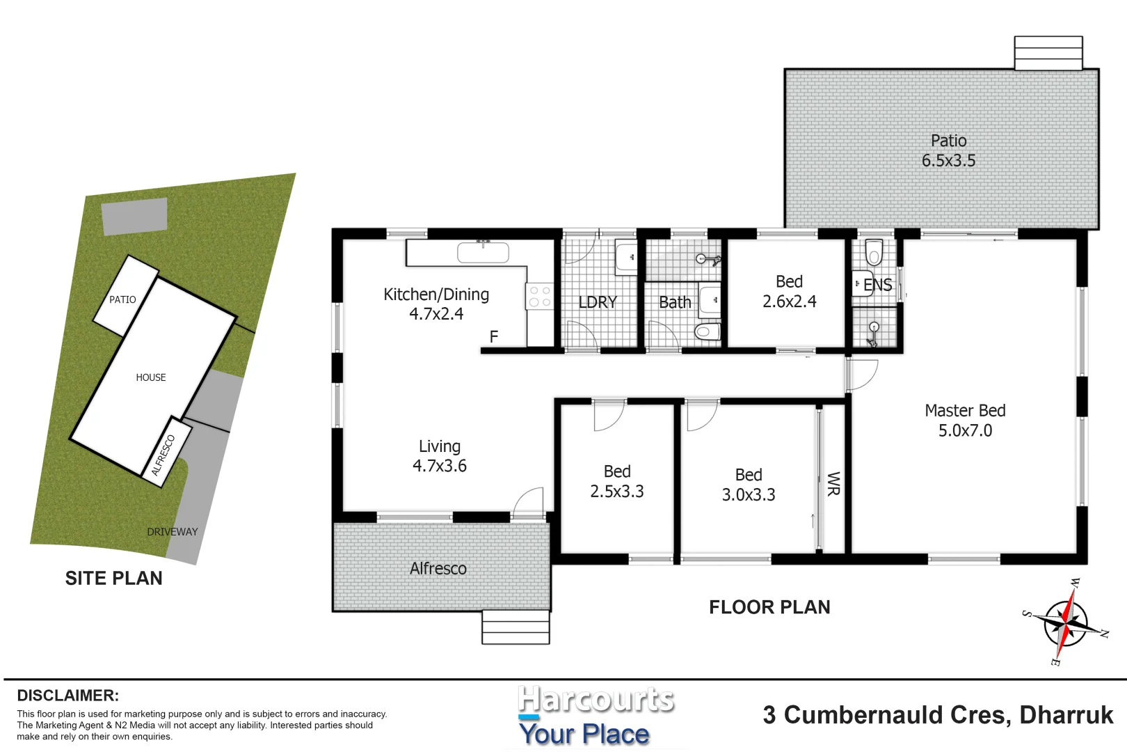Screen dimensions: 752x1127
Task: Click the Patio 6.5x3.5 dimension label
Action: (948, 151)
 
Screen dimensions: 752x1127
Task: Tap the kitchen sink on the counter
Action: (483, 252)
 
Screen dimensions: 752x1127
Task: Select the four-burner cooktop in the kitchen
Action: (539, 297)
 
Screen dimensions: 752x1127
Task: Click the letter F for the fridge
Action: (494, 337)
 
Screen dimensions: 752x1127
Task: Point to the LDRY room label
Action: (598, 302)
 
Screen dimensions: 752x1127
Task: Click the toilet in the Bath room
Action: (707, 331)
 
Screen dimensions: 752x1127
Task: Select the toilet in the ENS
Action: (874, 253)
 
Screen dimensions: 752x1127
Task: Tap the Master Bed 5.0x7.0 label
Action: (965, 421)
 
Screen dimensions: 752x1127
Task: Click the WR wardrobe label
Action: (833, 484)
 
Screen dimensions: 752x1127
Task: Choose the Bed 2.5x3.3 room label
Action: (617, 482)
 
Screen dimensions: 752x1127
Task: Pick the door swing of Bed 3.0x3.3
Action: (701, 416)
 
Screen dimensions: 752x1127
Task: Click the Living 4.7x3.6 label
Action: (440, 456)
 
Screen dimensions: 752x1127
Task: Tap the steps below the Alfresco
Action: (515, 627)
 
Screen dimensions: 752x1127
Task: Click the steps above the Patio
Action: (1048, 53)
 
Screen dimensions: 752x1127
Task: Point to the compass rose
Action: (1065, 622)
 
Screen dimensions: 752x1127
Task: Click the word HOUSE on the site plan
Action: (151, 377)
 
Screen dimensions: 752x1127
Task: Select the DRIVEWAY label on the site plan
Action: (173, 532)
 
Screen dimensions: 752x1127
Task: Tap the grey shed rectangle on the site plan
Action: (135, 216)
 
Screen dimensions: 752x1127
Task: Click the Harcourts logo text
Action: (596, 700)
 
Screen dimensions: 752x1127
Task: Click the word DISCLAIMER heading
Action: (68, 696)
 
